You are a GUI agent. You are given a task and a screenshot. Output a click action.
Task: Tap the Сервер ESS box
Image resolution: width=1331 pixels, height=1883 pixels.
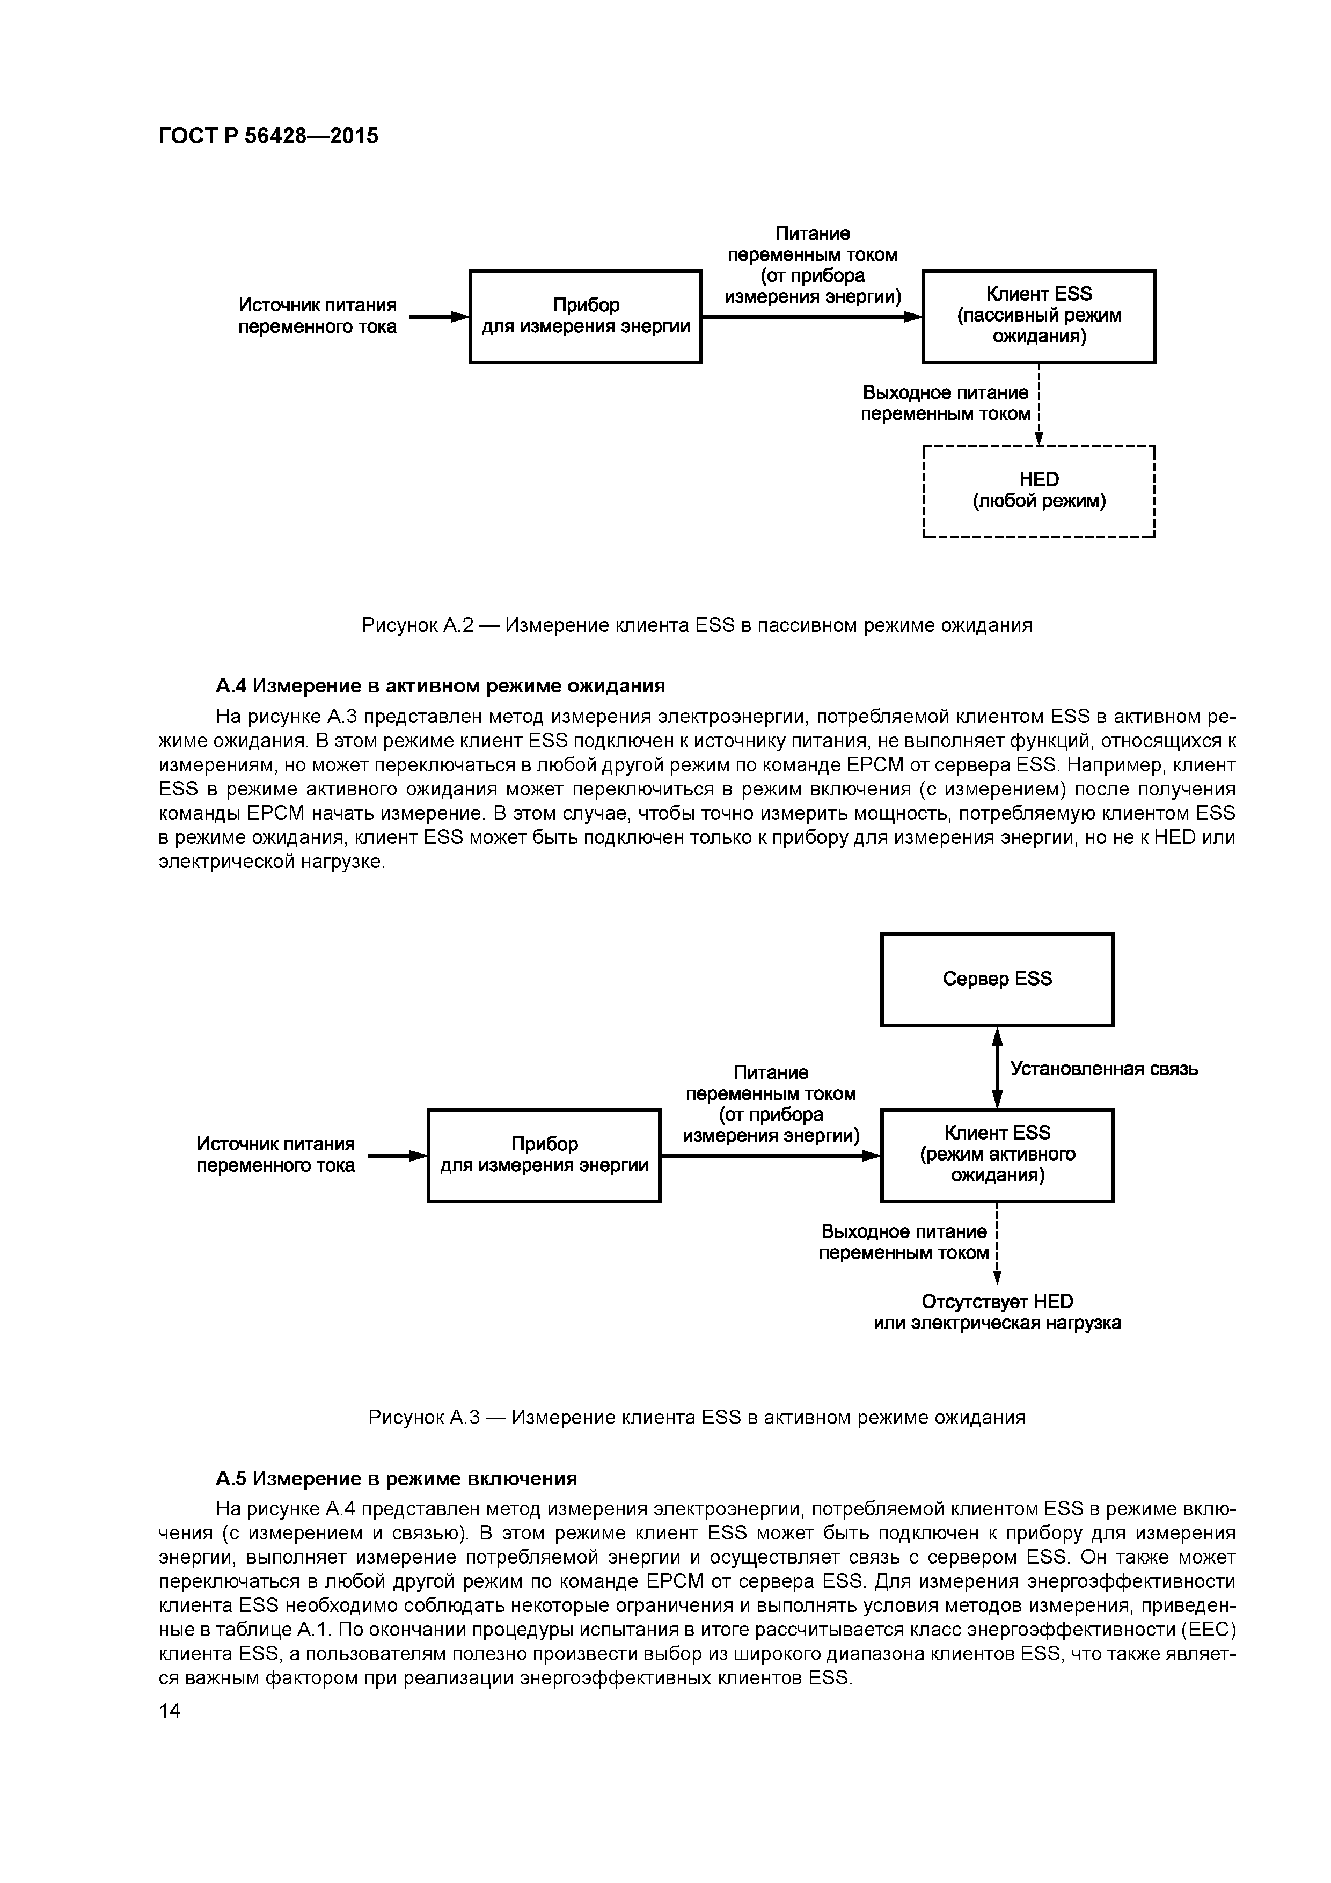[x=997, y=979]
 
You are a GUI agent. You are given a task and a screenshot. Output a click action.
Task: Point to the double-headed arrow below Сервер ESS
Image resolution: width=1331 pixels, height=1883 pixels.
[x=997, y=1068]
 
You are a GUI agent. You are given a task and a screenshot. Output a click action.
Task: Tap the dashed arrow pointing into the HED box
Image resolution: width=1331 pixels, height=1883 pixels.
[x=1039, y=406]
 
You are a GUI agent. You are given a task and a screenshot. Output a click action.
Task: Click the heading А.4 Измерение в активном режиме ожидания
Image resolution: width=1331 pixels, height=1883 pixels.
[x=440, y=685]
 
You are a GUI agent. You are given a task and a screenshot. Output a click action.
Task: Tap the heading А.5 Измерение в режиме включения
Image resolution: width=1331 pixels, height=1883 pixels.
[x=396, y=1478]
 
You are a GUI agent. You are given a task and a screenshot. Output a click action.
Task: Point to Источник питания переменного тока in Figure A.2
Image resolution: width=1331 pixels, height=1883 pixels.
[x=317, y=316]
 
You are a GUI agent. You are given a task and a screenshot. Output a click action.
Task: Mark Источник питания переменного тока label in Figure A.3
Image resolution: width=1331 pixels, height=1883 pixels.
[x=275, y=1155]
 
